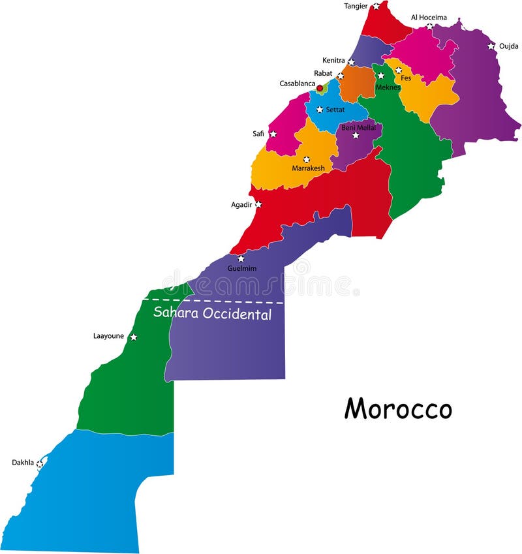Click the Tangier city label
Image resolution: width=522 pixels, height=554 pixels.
(x=356, y=6)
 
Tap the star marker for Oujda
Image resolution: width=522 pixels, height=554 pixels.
(x=491, y=46)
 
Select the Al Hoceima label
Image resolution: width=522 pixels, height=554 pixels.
(x=429, y=18)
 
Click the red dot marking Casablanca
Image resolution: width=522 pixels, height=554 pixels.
(x=320, y=87)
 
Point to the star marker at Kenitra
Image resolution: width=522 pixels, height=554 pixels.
(x=351, y=62)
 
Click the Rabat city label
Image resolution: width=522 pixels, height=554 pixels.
(x=322, y=73)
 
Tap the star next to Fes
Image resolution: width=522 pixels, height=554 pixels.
(x=398, y=70)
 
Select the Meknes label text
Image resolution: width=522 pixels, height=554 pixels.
(x=388, y=87)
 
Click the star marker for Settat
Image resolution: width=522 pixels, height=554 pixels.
(x=320, y=109)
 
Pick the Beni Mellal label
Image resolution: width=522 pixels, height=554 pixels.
(x=358, y=127)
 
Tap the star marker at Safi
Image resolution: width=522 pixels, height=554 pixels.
(x=273, y=134)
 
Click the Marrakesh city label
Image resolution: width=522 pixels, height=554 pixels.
(x=308, y=168)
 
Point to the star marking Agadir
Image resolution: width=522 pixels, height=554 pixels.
(x=258, y=204)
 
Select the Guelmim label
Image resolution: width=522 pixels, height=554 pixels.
(x=241, y=268)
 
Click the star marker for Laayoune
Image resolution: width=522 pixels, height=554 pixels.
(x=133, y=337)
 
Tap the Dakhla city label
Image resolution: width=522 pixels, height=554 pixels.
(x=22, y=463)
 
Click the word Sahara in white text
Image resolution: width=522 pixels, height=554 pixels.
(x=174, y=313)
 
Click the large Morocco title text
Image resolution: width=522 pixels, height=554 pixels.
(x=398, y=409)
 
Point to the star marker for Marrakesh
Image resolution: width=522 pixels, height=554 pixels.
(x=306, y=159)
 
